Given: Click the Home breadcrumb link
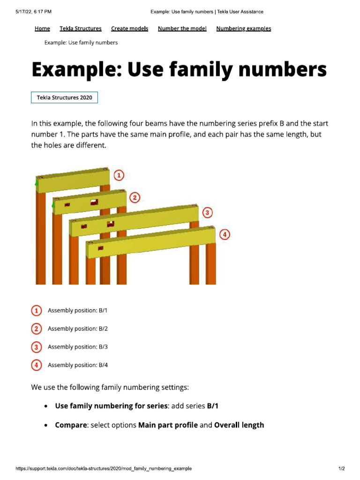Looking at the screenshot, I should click(x=42, y=29).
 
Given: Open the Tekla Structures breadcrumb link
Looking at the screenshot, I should click(x=81, y=29).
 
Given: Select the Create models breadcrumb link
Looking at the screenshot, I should click(x=129, y=29).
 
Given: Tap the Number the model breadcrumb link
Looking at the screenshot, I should click(x=182, y=29).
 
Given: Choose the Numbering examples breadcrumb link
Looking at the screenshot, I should click(x=243, y=29).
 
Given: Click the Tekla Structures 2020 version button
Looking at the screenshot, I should click(x=65, y=97).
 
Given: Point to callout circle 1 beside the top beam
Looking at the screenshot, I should click(x=120, y=175).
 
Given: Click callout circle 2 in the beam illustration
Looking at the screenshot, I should click(x=135, y=197).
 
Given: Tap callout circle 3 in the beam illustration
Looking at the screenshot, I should click(x=207, y=213).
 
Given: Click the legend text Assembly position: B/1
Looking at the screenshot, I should click(x=78, y=311).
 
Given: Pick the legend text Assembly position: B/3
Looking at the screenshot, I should click(x=78, y=347).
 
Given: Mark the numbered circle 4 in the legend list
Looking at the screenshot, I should click(x=36, y=365).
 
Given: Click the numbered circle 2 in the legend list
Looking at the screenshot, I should click(x=36, y=329).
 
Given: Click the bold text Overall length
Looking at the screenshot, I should click(x=239, y=425).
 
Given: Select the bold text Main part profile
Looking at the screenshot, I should click(x=168, y=425).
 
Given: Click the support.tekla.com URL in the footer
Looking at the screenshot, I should click(x=103, y=469).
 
